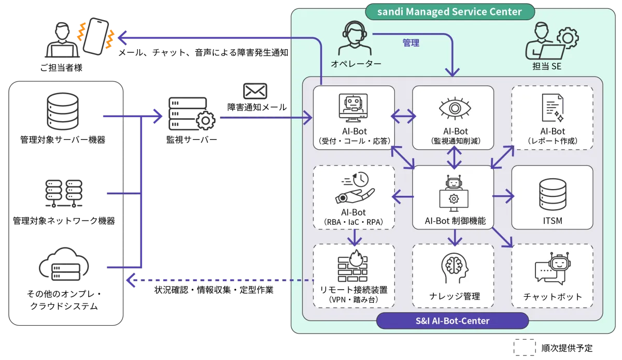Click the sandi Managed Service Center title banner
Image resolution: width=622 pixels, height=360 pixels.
point(450,11)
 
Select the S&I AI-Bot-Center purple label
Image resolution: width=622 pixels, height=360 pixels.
point(452,321)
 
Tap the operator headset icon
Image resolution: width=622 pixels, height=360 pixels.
point(355,37)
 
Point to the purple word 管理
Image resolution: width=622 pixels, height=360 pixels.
point(411,43)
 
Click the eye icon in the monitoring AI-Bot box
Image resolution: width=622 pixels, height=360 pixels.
point(454,108)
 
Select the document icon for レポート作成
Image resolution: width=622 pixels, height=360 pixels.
point(552,108)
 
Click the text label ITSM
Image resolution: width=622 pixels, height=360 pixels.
point(552,221)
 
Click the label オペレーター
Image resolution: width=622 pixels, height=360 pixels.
point(356,64)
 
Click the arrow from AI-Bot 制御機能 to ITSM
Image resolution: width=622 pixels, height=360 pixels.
point(503,196)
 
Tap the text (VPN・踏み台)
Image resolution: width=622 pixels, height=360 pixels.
point(355,299)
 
